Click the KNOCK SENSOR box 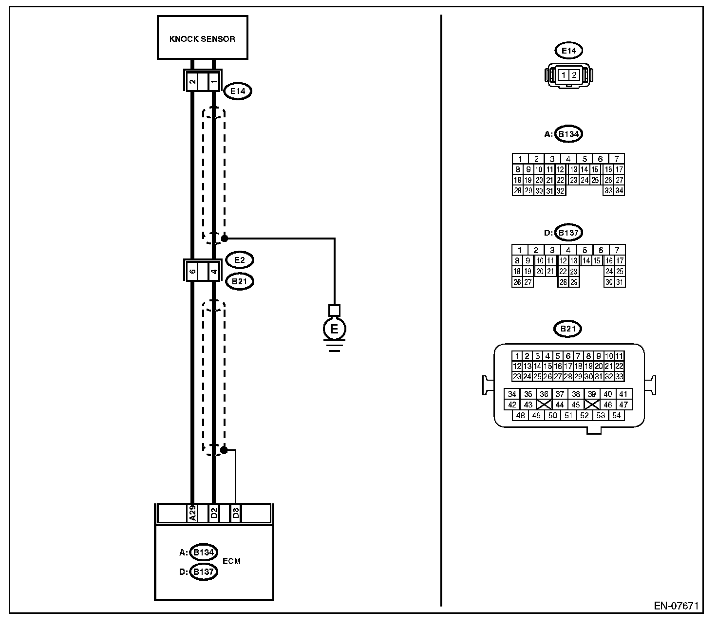point(203,37)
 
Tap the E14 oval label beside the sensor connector point(238,91)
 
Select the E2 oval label point(240,260)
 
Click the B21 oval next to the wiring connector point(240,281)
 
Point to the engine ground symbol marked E point(334,329)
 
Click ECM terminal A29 point(192,513)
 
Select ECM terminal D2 point(214,513)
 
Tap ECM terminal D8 point(235,513)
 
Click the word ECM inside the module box point(232,561)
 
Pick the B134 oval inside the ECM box point(203,552)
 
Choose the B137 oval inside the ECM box point(203,572)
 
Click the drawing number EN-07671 point(677,606)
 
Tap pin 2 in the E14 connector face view point(574,75)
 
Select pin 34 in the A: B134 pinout point(619,191)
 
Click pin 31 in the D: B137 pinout point(620,282)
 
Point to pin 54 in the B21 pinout point(617,415)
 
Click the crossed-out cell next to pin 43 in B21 point(544,405)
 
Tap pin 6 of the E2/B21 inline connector point(192,271)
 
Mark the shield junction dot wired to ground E point(225,239)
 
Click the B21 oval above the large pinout point(568,329)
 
